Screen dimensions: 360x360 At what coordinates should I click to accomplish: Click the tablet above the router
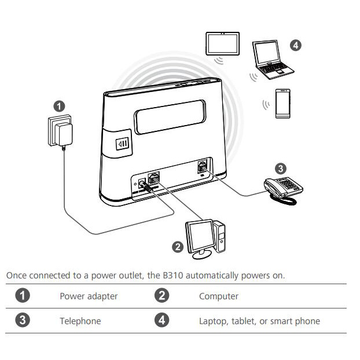[222, 43]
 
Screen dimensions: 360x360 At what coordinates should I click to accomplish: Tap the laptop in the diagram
[272, 60]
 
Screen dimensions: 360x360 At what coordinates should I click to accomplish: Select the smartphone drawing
[282, 104]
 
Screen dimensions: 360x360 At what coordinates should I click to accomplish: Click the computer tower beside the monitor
[220, 237]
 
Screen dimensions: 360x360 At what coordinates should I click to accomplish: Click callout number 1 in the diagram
[59, 106]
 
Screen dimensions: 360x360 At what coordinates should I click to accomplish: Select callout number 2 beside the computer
[178, 247]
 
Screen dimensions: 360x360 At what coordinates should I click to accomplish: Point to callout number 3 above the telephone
[281, 169]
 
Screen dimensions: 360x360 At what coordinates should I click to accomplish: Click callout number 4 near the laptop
[296, 45]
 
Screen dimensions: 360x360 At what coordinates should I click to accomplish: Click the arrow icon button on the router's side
[122, 144]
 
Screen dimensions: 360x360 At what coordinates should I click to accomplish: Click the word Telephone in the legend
[80, 321]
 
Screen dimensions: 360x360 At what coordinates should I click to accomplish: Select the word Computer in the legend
[219, 296]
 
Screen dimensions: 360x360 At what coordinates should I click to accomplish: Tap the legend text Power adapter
[89, 296]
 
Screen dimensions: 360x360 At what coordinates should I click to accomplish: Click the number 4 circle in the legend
[162, 320]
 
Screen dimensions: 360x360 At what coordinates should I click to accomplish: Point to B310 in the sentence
[173, 275]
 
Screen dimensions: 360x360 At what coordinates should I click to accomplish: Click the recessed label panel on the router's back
[170, 117]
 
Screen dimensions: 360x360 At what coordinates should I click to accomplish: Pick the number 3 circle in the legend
[23, 320]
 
